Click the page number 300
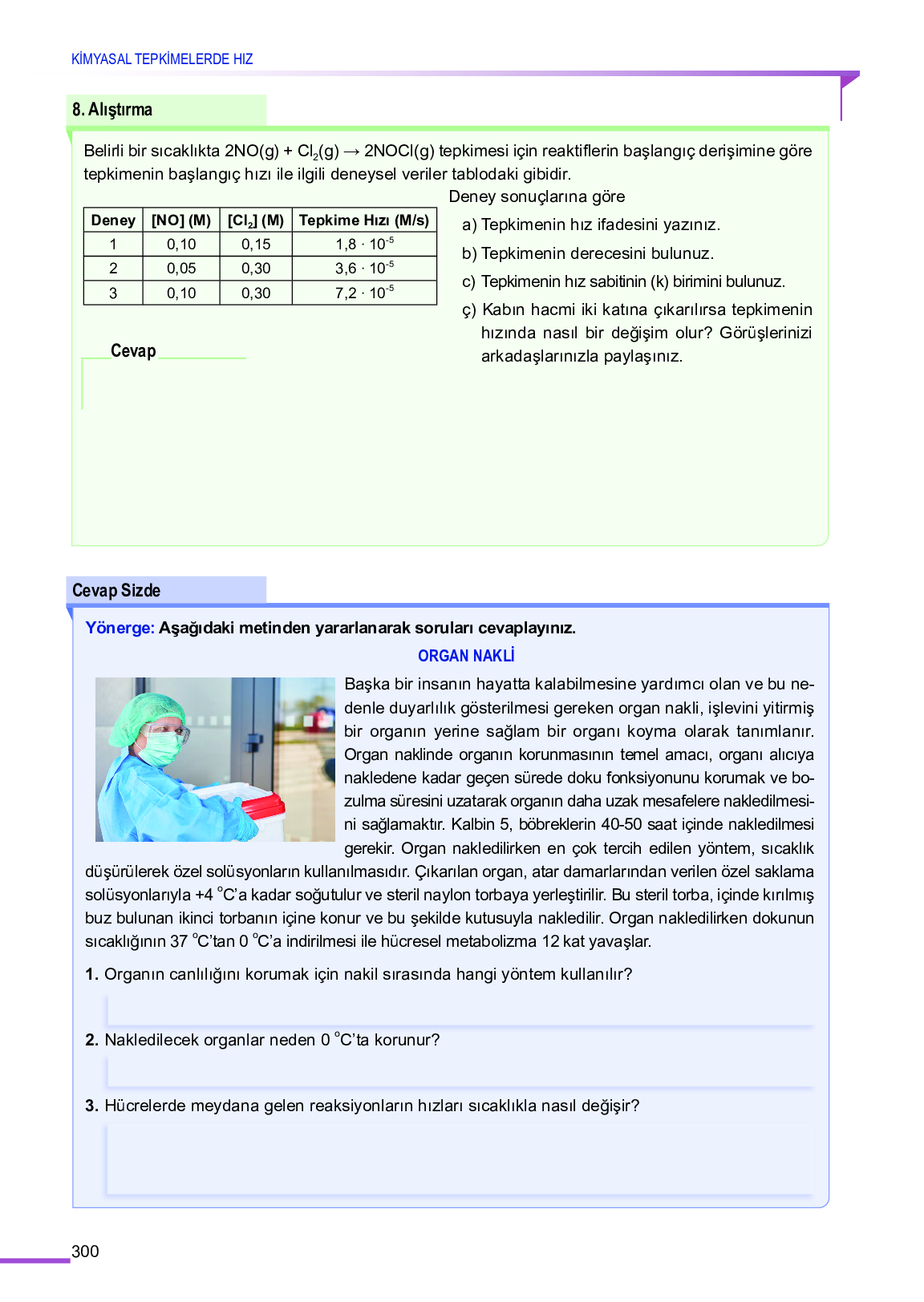(x=85, y=1251)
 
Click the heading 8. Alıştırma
(x=112, y=110)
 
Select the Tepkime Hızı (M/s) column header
(x=364, y=220)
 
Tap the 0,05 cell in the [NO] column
(x=181, y=269)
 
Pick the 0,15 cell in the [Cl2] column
(x=256, y=245)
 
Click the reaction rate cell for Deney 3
(x=364, y=293)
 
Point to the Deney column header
(x=113, y=220)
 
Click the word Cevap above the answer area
(x=133, y=351)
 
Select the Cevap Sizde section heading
(x=116, y=591)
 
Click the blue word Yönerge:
(x=120, y=628)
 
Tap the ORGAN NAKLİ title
(x=466, y=656)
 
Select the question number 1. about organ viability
(x=91, y=974)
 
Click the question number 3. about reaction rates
(x=91, y=1106)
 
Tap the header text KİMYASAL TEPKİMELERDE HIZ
(x=162, y=59)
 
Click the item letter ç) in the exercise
(x=469, y=310)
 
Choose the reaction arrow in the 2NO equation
(x=351, y=152)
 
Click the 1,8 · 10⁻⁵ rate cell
(x=364, y=245)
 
